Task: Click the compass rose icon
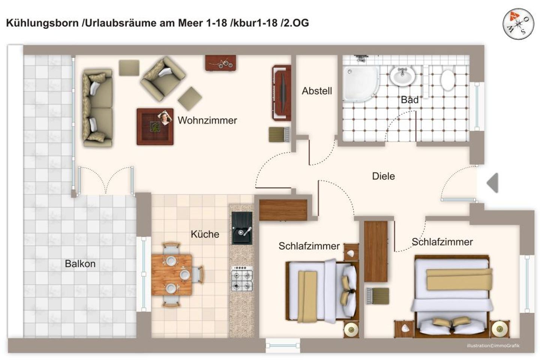pos(518,23)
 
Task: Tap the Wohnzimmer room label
pos(207,120)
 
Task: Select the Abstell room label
pos(317,91)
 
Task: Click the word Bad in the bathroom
pos(409,100)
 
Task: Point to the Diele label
pos(383,176)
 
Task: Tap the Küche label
pos(205,234)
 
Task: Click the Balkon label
pos(80,264)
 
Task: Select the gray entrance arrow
pos(492,183)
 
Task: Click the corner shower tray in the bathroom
pos(359,83)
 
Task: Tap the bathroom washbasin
pos(402,76)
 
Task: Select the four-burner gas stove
pos(242,279)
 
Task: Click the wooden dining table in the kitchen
pos(172,275)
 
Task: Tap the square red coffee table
pos(155,126)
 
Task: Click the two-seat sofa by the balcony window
pos(97,108)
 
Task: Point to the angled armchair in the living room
pos(163,79)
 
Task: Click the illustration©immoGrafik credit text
pos(493,345)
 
